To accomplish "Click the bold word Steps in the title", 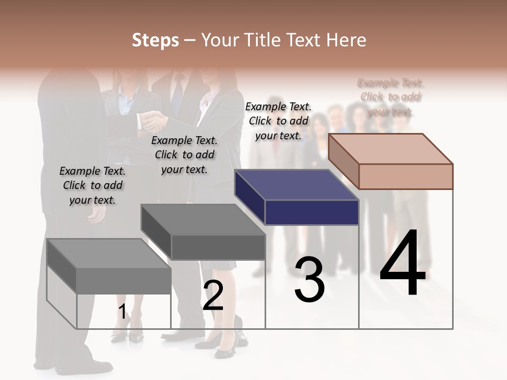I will [x=155, y=40].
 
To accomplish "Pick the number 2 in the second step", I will [x=213, y=296].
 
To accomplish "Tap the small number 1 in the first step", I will [x=123, y=312].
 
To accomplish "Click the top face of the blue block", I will [x=296, y=185].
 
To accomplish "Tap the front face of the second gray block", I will [x=218, y=247].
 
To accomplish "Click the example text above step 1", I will [x=92, y=185].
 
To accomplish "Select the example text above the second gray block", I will [x=184, y=155].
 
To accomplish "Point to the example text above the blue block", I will [x=278, y=121].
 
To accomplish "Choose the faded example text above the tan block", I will [x=391, y=97].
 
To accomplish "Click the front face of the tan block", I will [x=406, y=176].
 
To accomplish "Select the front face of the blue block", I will [x=312, y=213].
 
